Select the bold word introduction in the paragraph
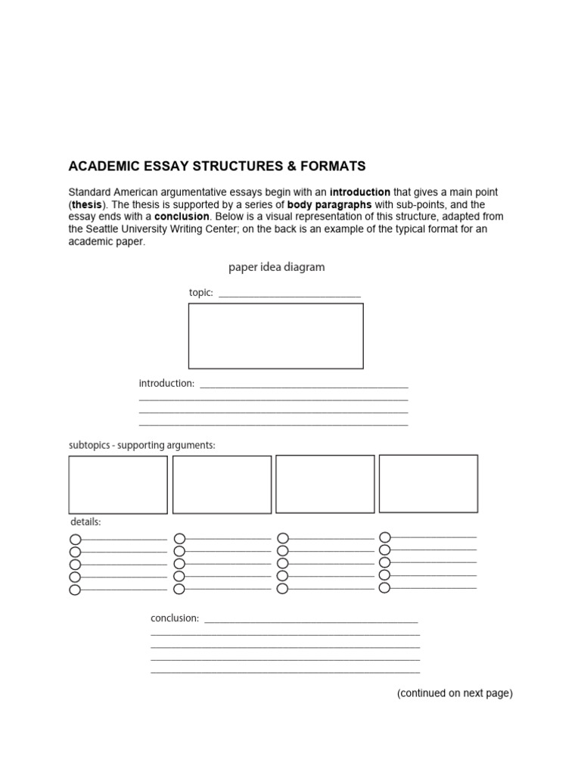(x=360, y=192)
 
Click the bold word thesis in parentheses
(x=87, y=204)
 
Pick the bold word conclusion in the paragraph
(x=182, y=216)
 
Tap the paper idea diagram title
(x=277, y=267)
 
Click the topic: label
(x=200, y=293)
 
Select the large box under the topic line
(x=275, y=335)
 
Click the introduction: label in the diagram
(x=166, y=384)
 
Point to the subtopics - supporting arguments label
(x=142, y=445)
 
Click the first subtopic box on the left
(x=118, y=484)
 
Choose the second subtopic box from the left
(x=222, y=484)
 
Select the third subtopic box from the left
(x=325, y=484)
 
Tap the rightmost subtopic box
(x=428, y=483)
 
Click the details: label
(x=85, y=522)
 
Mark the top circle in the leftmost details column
(x=75, y=540)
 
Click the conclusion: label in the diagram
(x=175, y=618)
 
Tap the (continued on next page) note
(x=455, y=693)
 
